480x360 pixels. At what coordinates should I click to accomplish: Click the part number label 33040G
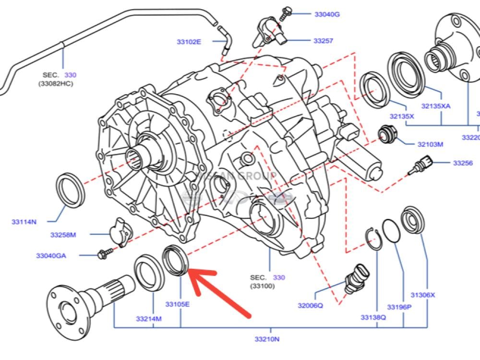327,14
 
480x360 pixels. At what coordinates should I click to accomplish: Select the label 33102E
189,42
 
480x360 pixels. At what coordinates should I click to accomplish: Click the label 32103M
430,144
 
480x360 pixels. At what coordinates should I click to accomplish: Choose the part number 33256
463,163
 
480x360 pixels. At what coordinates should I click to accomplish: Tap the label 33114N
24,221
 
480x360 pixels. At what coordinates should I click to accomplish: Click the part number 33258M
63,235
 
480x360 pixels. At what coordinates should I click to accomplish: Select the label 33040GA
51,255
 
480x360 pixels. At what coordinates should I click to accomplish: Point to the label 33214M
148,319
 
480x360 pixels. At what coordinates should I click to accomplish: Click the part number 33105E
178,304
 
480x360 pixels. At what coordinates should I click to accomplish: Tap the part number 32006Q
310,305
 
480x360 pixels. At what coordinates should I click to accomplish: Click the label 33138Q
373,317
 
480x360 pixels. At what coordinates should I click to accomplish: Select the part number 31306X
422,295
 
